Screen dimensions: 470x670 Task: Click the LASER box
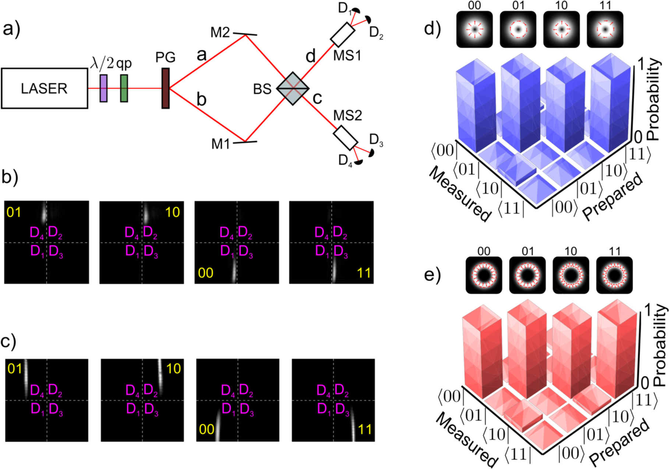tap(44, 88)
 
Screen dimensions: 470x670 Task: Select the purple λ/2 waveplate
tap(104, 88)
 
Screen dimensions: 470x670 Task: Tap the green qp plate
tap(124, 88)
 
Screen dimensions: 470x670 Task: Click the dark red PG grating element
tap(166, 88)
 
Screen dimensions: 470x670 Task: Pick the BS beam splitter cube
tap(293, 88)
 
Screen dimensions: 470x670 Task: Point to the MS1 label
tap(347, 56)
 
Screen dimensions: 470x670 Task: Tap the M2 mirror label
tap(220, 33)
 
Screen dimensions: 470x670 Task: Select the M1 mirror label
tap(221, 144)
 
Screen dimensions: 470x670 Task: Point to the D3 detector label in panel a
tap(376, 140)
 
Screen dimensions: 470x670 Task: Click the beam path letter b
tap(201, 99)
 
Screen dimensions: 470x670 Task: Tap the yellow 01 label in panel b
tap(14, 212)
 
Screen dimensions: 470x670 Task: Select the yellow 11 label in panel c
tap(365, 429)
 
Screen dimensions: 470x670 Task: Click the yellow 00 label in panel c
tap(207, 429)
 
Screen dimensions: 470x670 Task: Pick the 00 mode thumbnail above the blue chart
tap(474, 29)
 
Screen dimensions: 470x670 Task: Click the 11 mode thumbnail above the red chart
tap(614, 275)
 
